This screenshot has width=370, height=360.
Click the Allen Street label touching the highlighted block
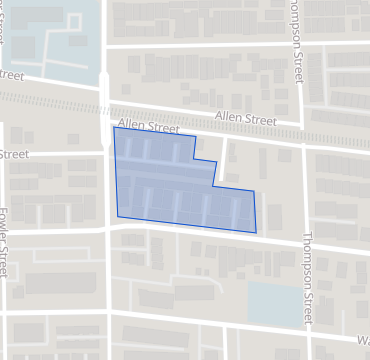click(148, 127)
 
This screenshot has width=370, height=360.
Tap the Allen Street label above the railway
click(246, 119)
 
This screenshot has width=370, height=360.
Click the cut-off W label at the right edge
click(362, 340)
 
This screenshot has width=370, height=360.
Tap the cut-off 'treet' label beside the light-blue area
click(11, 74)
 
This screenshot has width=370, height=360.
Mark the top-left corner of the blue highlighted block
click(114, 127)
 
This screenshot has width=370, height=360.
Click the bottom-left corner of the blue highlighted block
click(118, 216)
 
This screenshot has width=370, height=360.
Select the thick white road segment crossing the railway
click(106, 100)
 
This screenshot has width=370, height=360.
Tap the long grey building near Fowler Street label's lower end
click(60, 283)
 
